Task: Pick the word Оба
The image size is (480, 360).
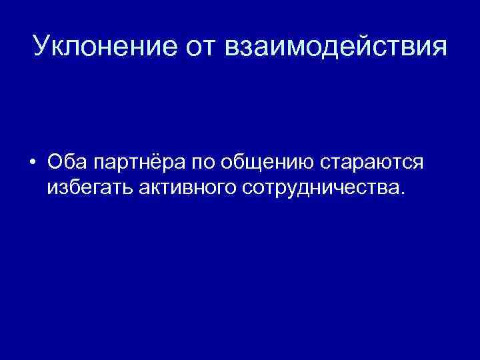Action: (x=67, y=163)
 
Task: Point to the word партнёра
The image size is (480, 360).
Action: (x=141, y=164)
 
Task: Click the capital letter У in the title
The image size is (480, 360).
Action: (x=40, y=47)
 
